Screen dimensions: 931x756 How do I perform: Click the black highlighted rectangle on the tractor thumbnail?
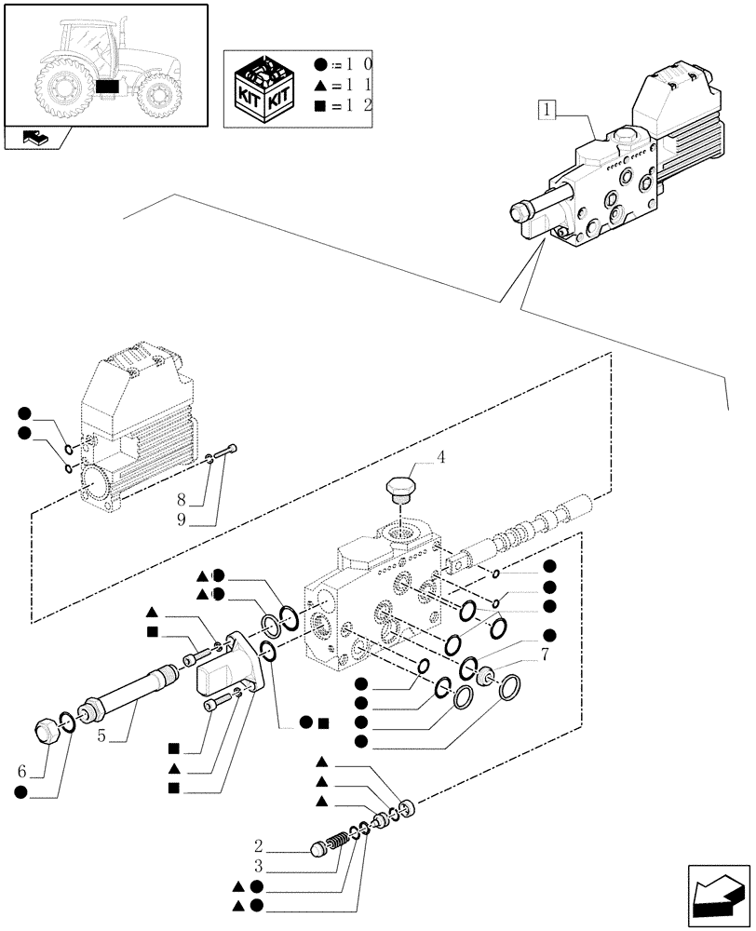108,87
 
